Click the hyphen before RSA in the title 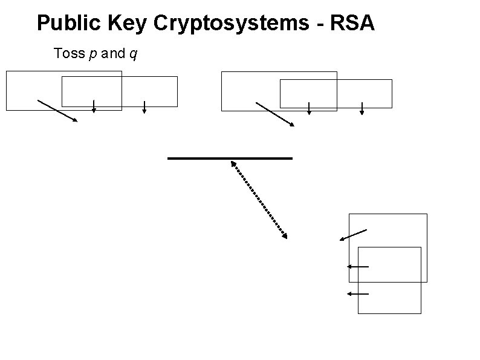pos(325,24)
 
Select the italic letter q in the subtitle pos(132,54)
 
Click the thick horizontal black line pos(230,158)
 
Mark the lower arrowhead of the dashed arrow pos(284,235)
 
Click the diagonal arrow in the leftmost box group pos(57,110)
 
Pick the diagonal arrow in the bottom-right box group pos(353,235)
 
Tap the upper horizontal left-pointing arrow pos(357,266)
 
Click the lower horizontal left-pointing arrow pos(357,293)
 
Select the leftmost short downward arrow pos(94,106)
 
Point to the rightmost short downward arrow pos(362,108)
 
